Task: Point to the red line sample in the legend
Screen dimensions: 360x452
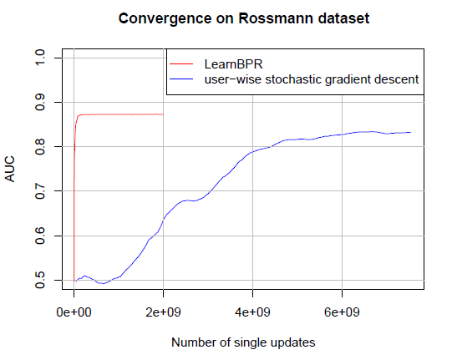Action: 183,63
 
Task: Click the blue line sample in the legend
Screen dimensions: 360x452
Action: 183,79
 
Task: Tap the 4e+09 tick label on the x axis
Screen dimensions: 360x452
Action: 252,311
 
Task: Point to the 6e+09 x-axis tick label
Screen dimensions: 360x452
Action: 342,311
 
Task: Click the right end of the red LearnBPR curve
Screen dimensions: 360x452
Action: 163,114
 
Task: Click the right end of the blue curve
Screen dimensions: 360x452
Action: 410,132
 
